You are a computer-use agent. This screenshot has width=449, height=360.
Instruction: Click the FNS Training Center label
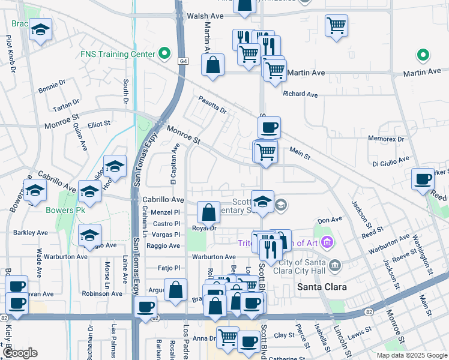tap(118, 54)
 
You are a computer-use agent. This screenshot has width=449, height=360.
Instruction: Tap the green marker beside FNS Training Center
tap(163, 54)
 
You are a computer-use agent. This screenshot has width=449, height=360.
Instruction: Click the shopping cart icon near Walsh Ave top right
tap(337, 26)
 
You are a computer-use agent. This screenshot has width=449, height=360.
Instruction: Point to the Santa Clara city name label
tap(322, 287)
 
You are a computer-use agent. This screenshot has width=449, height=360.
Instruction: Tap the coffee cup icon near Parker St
tap(423, 179)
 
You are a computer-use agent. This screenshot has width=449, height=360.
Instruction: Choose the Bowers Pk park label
tap(64, 211)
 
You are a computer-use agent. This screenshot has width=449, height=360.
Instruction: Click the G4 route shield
tap(182, 61)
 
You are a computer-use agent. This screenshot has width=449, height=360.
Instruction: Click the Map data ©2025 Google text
tap(412, 355)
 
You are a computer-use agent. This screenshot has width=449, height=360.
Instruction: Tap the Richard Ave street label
tap(300, 94)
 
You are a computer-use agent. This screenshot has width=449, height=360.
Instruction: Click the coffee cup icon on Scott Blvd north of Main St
tap(269, 128)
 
